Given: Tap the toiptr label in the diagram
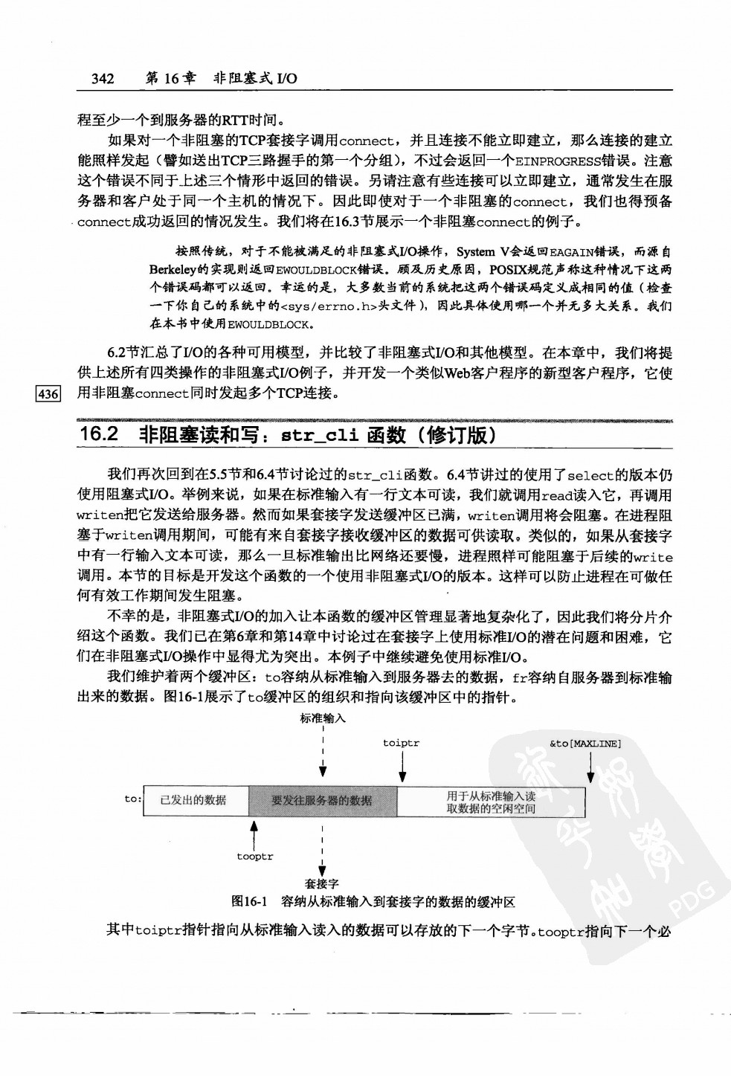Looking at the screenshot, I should coord(401,743).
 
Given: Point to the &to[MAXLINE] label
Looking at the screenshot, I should coord(585,743).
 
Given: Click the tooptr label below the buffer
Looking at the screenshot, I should coord(255,857).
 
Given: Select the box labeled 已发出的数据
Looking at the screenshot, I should coord(193,800).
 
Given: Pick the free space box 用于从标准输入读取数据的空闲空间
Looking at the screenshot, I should coord(491,802).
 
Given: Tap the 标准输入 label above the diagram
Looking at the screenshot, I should coord(323,718).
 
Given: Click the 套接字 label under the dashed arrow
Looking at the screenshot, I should coord(322,884).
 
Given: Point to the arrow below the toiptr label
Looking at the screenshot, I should coord(402,766).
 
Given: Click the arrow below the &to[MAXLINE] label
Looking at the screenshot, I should coord(590,766).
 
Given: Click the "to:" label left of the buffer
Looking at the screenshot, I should coord(132,799).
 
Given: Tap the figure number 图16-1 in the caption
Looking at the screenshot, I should coord(250,902).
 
